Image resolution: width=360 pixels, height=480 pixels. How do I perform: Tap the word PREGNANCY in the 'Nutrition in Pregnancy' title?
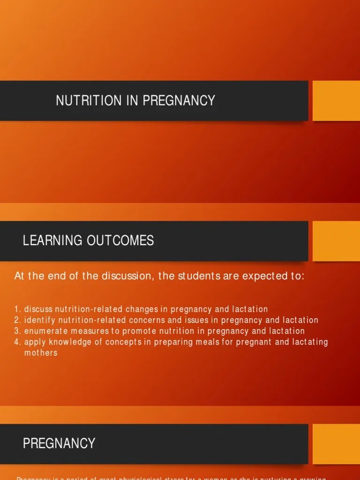179,100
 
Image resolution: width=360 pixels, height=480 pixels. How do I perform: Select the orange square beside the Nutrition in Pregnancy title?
336,101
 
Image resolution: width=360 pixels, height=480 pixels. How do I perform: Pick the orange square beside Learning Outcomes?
336,241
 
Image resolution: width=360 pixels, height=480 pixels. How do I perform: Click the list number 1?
17,309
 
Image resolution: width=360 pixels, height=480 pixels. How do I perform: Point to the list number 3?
17,331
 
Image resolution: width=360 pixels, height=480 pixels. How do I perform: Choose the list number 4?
17,342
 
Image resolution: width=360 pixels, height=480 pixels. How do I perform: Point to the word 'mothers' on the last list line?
41,352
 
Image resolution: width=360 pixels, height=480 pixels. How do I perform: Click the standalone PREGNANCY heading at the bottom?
59,443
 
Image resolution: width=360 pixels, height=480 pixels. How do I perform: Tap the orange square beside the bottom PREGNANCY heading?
336,443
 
